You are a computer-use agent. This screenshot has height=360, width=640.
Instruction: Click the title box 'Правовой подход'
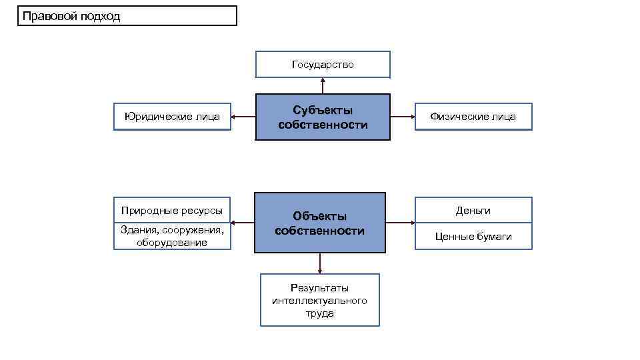click(x=127, y=16)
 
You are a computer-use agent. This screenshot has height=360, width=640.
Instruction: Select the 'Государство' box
click(x=323, y=65)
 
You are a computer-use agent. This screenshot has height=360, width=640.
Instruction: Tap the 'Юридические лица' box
click(x=172, y=117)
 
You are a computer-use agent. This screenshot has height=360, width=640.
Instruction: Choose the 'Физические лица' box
click(x=473, y=117)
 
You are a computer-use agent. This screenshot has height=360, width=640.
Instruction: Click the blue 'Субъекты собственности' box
click(x=323, y=117)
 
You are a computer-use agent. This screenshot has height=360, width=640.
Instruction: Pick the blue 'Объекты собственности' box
click(x=320, y=223)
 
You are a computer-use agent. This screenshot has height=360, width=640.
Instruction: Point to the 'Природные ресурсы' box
click(x=172, y=211)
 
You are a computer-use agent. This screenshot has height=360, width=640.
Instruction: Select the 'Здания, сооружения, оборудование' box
click(x=172, y=236)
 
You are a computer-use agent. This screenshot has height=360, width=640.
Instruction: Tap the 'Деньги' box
click(x=473, y=211)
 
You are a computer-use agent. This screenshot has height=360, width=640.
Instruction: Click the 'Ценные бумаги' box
click(x=473, y=236)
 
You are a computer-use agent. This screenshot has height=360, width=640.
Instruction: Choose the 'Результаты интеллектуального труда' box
click(x=319, y=300)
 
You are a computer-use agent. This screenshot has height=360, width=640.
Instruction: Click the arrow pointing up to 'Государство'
click(x=323, y=86)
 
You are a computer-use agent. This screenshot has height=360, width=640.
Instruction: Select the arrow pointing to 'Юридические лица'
click(x=243, y=117)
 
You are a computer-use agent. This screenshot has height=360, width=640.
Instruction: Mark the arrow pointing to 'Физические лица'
click(x=403, y=117)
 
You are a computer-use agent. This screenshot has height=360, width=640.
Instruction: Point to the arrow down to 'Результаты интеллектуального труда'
click(x=320, y=263)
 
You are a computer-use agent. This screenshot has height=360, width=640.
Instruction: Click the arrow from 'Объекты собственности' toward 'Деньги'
click(x=401, y=223)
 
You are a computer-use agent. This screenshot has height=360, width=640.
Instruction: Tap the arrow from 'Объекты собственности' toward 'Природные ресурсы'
click(x=243, y=223)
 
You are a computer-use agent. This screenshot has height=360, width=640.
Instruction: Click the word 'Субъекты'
click(x=323, y=110)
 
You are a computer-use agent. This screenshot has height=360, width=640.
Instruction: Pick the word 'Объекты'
click(x=320, y=216)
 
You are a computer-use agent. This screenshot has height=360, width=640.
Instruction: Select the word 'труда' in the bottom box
click(x=319, y=313)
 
